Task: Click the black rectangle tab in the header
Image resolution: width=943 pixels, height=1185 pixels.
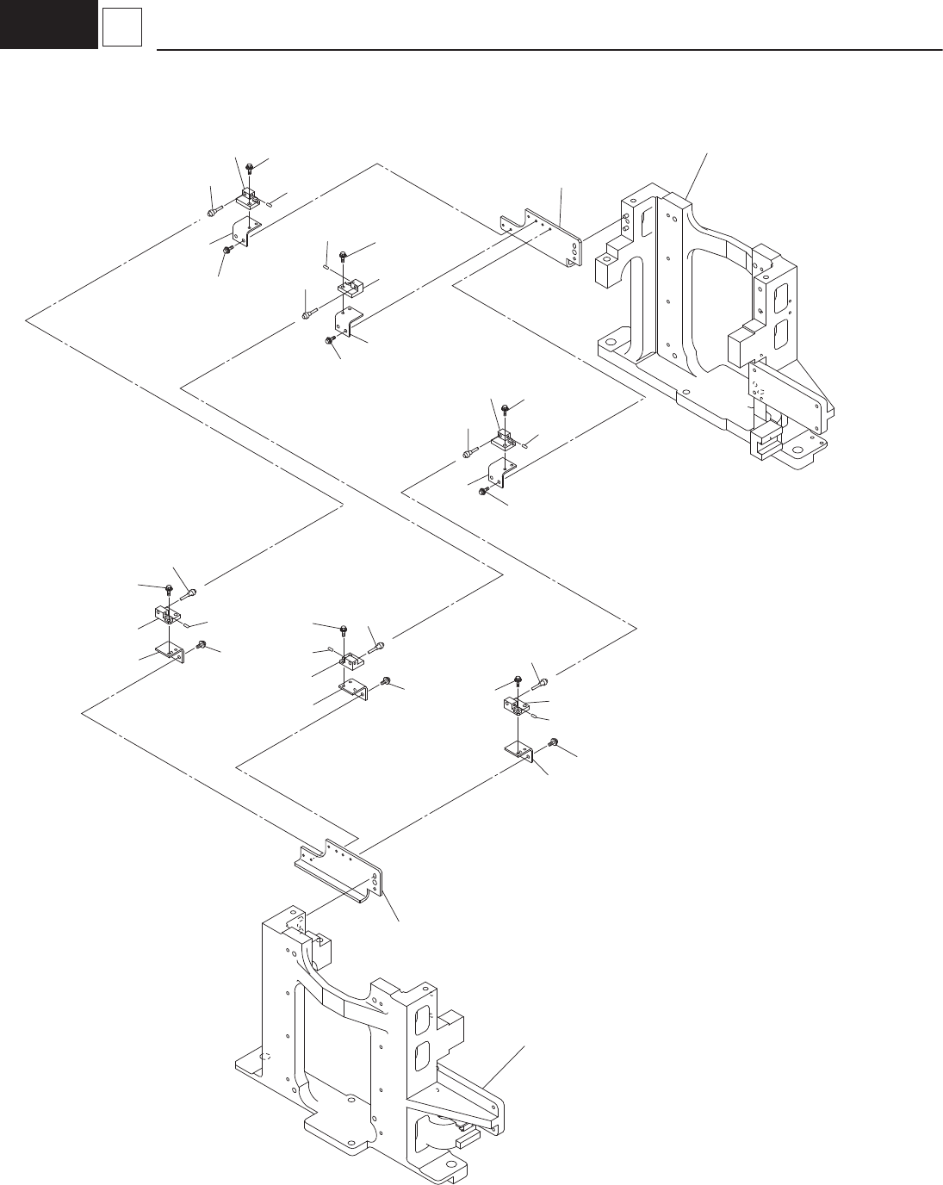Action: [48, 23]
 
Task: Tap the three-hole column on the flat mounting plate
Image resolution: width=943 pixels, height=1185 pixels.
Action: [572, 251]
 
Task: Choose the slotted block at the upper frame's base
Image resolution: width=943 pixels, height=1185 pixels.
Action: [766, 444]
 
